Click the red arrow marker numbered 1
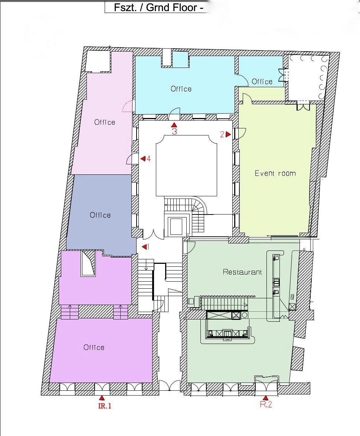[x=144, y=247]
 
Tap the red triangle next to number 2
[x=228, y=134]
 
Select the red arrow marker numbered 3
[x=174, y=125]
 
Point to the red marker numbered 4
[x=143, y=158]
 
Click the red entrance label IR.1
[x=105, y=406]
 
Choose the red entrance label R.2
[x=266, y=404]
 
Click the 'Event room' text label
[x=275, y=173]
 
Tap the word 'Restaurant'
[x=242, y=272]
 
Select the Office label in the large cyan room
[x=181, y=89]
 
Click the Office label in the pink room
[x=105, y=122]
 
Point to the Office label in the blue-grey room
[x=100, y=215]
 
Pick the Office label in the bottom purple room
[x=94, y=347]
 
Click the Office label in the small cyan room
[x=262, y=82]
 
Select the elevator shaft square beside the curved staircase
[x=176, y=227]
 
